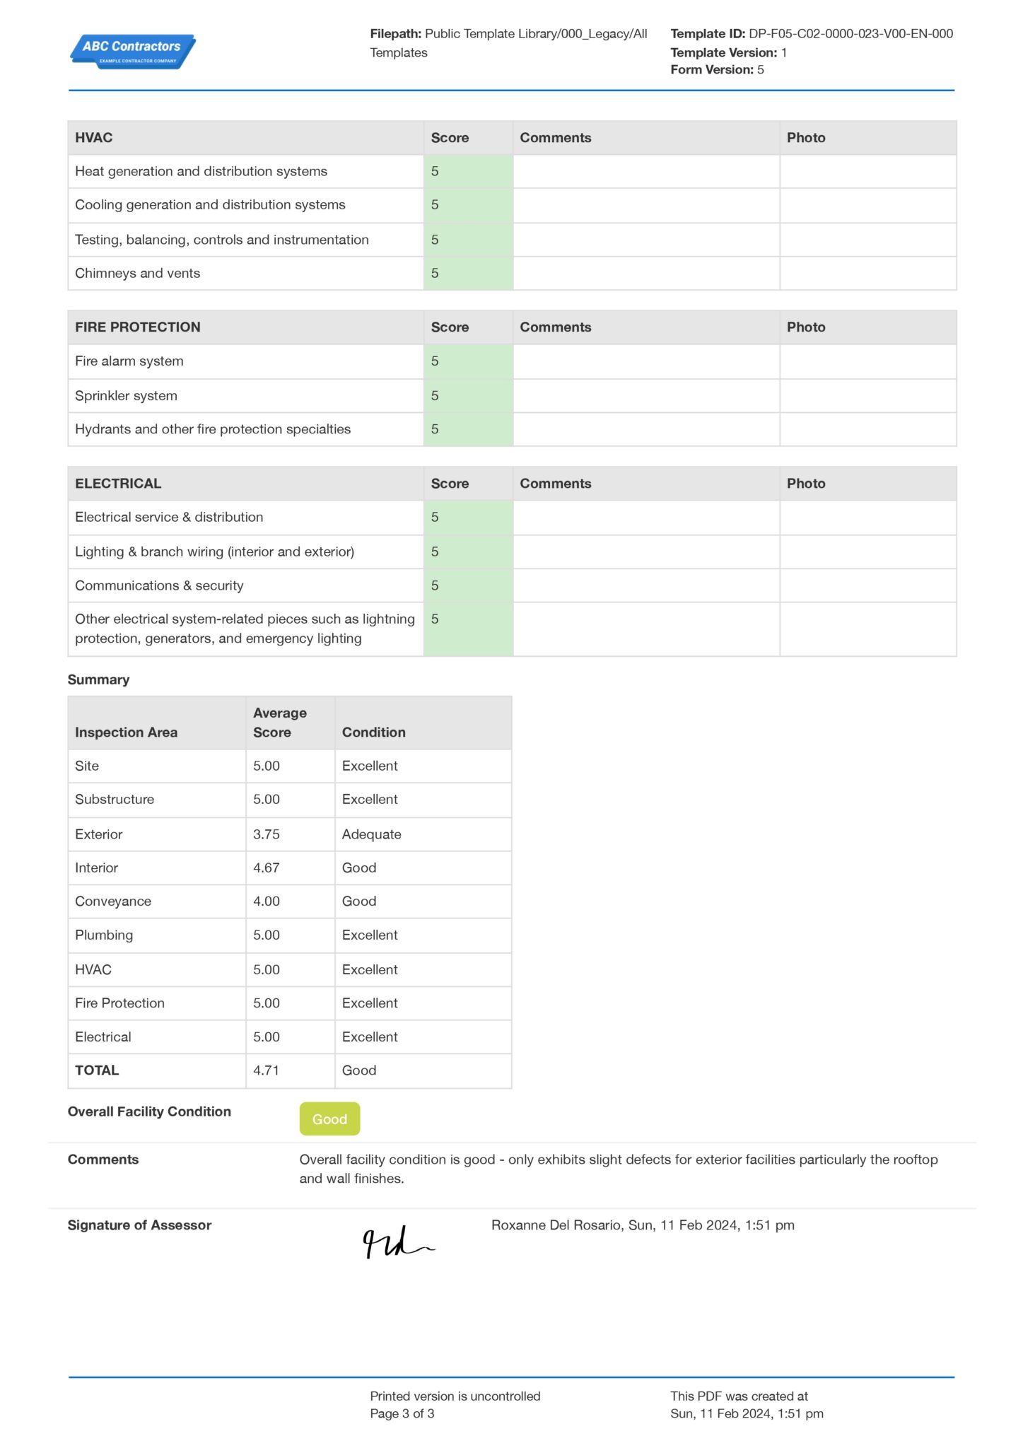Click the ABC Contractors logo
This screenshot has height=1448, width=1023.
point(133,51)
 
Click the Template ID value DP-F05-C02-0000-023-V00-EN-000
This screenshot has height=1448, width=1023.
point(850,33)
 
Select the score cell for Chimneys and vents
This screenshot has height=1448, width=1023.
point(467,274)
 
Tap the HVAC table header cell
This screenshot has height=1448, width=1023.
point(94,138)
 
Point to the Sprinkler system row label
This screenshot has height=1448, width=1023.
point(126,396)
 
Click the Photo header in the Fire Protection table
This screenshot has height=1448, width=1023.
point(806,327)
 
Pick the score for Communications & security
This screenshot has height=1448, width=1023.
point(467,585)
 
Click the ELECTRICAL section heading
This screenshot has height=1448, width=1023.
point(118,484)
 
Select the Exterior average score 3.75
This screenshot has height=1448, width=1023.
point(267,834)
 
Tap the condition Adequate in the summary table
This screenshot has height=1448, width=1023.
point(371,834)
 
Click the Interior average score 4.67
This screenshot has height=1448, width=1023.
point(267,868)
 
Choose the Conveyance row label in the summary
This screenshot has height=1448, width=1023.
point(113,901)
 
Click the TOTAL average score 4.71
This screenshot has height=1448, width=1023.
point(267,1070)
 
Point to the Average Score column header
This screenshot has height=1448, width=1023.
point(280,723)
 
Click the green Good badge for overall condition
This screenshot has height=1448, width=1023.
point(329,1119)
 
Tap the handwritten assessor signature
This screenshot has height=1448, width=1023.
point(397,1242)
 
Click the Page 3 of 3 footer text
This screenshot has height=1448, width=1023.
point(402,1413)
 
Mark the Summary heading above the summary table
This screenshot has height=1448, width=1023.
point(98,679)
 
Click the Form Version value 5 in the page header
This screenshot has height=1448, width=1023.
point(760,69)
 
